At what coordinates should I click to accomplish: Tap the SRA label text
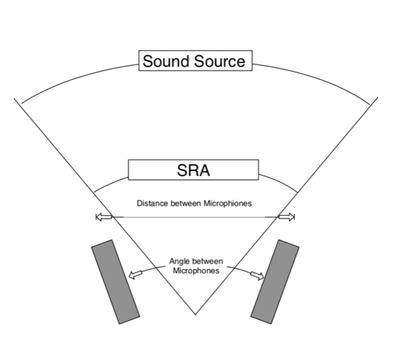tap(193, 170)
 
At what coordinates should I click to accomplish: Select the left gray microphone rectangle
tap(115, 281)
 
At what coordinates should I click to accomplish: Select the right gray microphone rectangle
tap(275, 281)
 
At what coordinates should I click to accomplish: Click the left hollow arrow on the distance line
tap(103, 217)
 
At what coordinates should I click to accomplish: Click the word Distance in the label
tap(151, 203)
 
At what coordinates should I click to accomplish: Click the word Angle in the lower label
tap(181, 261)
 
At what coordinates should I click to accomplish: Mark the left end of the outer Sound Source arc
tap(21, 103)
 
